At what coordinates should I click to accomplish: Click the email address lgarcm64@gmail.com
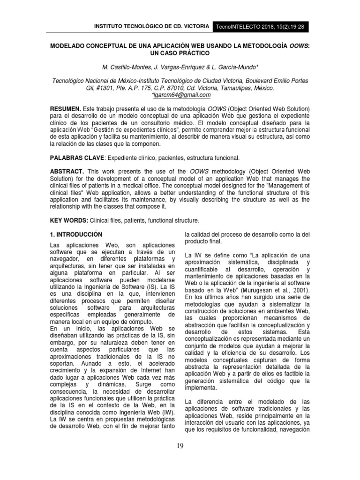click(x=180, y=95)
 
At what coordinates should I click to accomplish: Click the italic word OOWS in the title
click(x=300, y=47)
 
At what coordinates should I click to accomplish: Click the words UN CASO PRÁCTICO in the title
click(x=180, y=54)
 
